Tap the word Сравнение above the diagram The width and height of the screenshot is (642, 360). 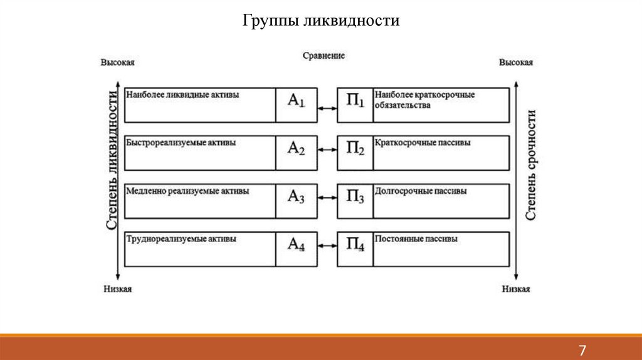click(324, 56)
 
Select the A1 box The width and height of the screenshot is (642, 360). click(296, 105)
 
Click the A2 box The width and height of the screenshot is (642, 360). click(296, 153)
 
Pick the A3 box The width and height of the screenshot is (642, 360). click(296, 201)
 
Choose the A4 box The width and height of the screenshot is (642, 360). click(296, 249)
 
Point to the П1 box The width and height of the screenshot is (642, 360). click(355, 105)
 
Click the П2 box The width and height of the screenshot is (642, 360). click(355, 153)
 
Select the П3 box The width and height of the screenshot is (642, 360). click(355, 201)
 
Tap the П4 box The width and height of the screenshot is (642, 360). click(355, 249)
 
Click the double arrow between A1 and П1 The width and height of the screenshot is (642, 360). click(327, 109)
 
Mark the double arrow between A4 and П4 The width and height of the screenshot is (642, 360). click(327, 245)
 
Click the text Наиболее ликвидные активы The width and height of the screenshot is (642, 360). click(183, 95)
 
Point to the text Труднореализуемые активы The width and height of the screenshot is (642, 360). click(181, 239)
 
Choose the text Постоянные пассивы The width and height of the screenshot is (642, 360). click(416, 239)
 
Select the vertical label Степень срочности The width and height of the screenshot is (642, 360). click(530, 165)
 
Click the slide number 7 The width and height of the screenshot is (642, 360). click(582, 350)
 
